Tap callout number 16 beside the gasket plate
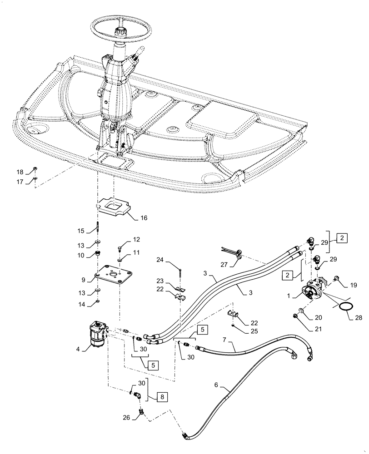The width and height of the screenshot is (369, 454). (x=144, y=218)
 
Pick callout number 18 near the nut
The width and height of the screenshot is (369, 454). (x=20, y=172)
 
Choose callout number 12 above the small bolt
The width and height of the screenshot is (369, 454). (x=136, y=239)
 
